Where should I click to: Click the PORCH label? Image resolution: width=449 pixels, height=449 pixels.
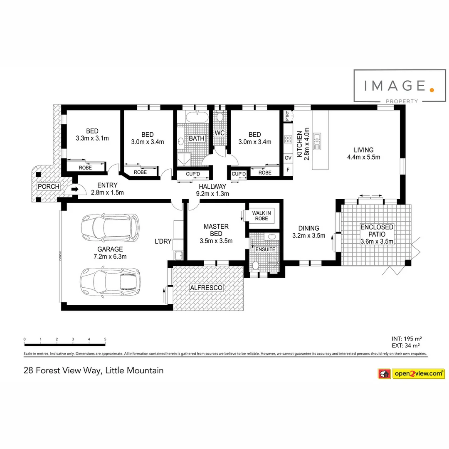tap(48, 186)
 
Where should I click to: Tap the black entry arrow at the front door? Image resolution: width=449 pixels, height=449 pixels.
tap(74, 189)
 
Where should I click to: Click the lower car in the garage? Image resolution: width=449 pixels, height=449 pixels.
tap(111, 282)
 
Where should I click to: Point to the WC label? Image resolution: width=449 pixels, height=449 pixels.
tap(220, 133)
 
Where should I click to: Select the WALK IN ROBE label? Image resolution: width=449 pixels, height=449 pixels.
tap(262, 215)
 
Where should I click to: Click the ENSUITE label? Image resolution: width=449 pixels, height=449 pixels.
tap(265, 249)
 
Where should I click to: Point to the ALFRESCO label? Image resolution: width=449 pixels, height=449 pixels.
tap(207, 288)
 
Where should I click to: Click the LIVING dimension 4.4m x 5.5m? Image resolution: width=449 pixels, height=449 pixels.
tap(363, 157)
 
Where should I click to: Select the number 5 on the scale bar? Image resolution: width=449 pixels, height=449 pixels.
tap(105, 339)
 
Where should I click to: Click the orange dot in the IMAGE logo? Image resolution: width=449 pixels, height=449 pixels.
tap(432, 88)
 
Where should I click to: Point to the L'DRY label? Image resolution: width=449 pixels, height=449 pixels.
tap(163, 242)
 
